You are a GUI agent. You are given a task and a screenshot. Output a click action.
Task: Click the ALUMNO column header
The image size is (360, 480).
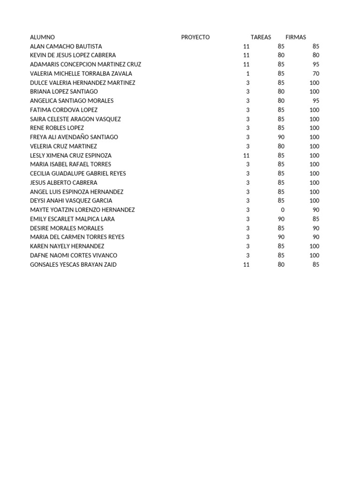click(42, 37)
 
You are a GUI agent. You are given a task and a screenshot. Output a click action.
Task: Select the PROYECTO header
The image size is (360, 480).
click(195, 37)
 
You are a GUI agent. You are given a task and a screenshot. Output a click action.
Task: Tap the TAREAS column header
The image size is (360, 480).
click(261, 37)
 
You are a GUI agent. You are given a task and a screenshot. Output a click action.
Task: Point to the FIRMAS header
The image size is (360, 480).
click(295, 37)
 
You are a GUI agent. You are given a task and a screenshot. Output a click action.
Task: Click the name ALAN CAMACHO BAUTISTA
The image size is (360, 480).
click(66, 46)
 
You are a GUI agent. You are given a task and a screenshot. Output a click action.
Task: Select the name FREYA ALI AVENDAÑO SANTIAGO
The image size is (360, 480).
click(74, 137)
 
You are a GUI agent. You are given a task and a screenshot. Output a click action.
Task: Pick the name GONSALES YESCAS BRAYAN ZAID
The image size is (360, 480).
click(73, 264)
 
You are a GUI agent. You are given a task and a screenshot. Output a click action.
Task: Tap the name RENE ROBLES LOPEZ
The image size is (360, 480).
click(57, 128)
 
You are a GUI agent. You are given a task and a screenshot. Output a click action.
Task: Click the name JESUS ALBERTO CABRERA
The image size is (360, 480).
click(64, 182)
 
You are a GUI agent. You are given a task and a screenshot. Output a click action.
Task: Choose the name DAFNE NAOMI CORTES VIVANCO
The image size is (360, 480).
click(74, 255)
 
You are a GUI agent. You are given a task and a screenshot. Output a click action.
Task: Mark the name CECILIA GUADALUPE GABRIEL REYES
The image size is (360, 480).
click(78, 173)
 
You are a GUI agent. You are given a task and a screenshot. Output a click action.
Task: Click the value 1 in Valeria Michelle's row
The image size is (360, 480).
click(248, 74)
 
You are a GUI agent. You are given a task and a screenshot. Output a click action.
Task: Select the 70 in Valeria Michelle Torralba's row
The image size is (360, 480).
click(316, 74)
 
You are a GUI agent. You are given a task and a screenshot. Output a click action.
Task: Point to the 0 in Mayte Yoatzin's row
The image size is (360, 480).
click(283, 210)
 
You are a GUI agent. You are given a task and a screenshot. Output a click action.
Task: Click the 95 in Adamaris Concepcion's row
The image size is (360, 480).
click(316, 64)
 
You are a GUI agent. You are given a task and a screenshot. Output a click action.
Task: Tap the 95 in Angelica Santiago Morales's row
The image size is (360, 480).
click(316, 101)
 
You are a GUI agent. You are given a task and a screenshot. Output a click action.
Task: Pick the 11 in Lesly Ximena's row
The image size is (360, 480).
click(247, 155)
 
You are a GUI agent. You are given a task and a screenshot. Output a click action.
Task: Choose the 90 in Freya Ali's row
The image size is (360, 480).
click(281, 137)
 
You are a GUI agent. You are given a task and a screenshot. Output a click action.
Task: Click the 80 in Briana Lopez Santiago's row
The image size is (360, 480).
click(281, 91)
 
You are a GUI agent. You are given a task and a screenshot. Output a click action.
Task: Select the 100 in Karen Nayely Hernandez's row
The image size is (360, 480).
click(314, 246)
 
